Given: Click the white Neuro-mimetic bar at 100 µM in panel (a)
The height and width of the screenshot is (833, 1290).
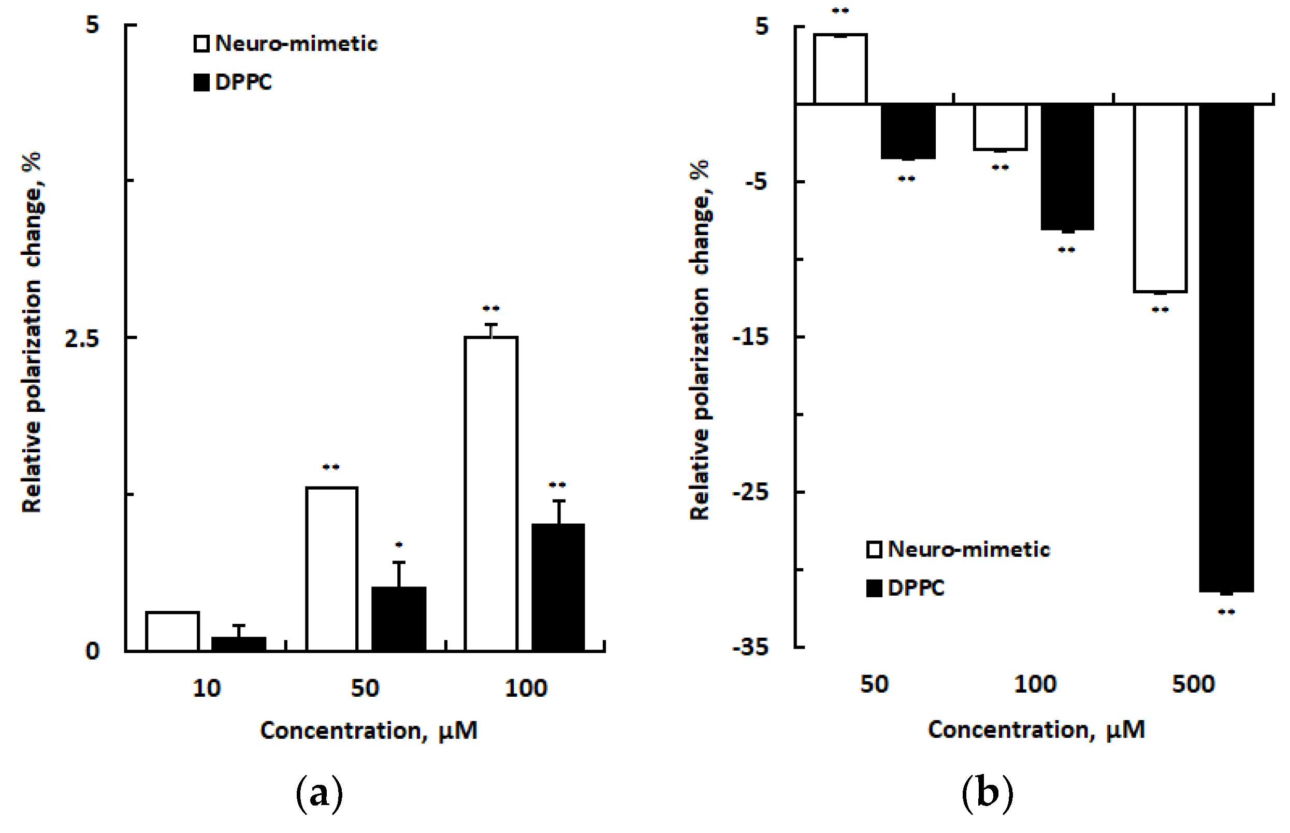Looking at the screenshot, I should tap(491, 493).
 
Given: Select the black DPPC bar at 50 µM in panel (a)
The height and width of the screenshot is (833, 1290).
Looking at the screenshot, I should tap(398, 619).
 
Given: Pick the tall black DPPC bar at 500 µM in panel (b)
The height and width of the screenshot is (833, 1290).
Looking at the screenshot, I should tap(1226, 347).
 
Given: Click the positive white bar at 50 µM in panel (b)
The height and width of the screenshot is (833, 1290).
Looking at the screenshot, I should tap(840, 69).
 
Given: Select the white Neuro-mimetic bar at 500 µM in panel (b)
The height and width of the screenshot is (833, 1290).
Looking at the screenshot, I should tap(1160, 197).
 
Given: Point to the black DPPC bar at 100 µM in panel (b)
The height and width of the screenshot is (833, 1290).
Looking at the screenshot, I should tap(1067, 167).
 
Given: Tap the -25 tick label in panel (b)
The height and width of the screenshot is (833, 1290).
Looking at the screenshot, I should tap(750, 492).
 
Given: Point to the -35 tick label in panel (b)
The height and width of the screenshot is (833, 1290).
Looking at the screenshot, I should tap(750, 647).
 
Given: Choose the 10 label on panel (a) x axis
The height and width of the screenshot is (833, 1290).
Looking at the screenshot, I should tap(207, 688).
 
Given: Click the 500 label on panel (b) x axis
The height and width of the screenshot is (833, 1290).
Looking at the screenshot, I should tap(1193, 685).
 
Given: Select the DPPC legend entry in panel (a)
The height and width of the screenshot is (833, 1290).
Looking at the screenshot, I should tap(233, 82).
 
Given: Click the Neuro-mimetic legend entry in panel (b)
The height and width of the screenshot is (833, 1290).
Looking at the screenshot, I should tap(958, 550).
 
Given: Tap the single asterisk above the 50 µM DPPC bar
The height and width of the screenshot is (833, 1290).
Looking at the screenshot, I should tap(398, 544).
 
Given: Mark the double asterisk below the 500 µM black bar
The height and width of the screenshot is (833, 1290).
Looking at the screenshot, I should tap(1226, 612).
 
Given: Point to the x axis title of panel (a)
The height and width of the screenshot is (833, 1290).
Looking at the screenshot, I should tap(369, 731).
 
